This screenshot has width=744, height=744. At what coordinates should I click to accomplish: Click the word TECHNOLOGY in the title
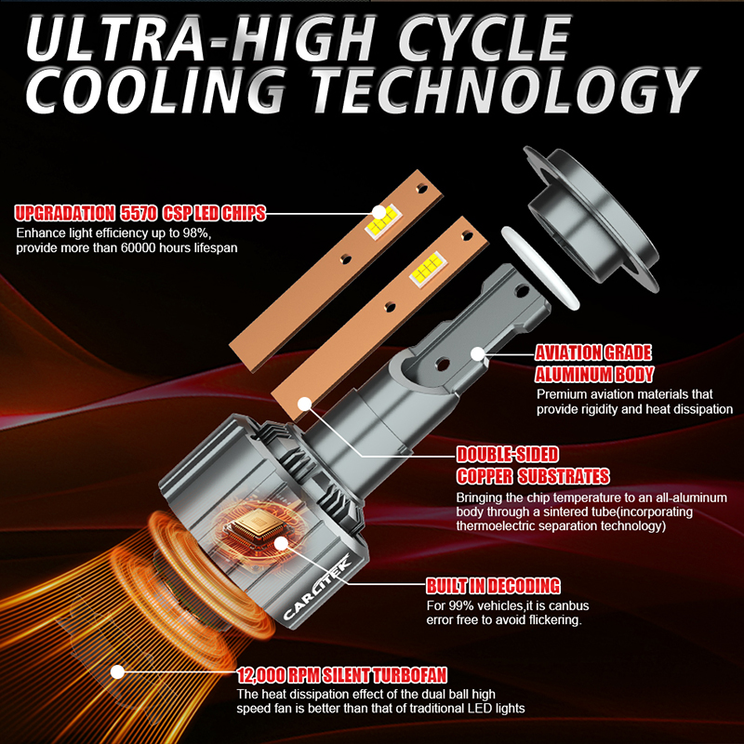pyautogui.click(x=506, y=90)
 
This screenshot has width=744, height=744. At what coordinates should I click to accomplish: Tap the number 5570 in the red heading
pyautogui.click(x=138, y=214)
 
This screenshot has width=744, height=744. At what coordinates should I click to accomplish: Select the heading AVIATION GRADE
pyautogui.click(x=593, y=352)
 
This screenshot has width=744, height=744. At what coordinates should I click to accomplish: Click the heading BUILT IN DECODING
pyautogui.click(x=493, y=586)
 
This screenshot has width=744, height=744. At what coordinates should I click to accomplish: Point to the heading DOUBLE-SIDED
pyautogui.click(x=507, y=454)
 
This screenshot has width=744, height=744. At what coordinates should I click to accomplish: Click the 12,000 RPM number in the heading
pyautogui.click(x=277, y=675)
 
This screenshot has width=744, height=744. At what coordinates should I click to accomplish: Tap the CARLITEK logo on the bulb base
pyautogui.click(x=316, y=588)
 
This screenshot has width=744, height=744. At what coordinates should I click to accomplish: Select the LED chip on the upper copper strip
pyautogui.click(x=383, y=222)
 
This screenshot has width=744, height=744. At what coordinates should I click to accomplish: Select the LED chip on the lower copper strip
pyautogui.click(x=428, y=269)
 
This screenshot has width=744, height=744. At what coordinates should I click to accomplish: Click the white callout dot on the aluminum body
pyautogui.click(x=478, y=354)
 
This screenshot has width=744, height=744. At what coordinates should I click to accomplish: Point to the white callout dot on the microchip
pyautogui.click(x=282, y=544)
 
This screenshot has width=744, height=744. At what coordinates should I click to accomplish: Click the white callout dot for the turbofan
pyautogui.click(x=117, y=671)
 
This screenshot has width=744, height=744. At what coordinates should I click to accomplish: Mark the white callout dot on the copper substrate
pyautogui.click(x=305, y=405)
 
